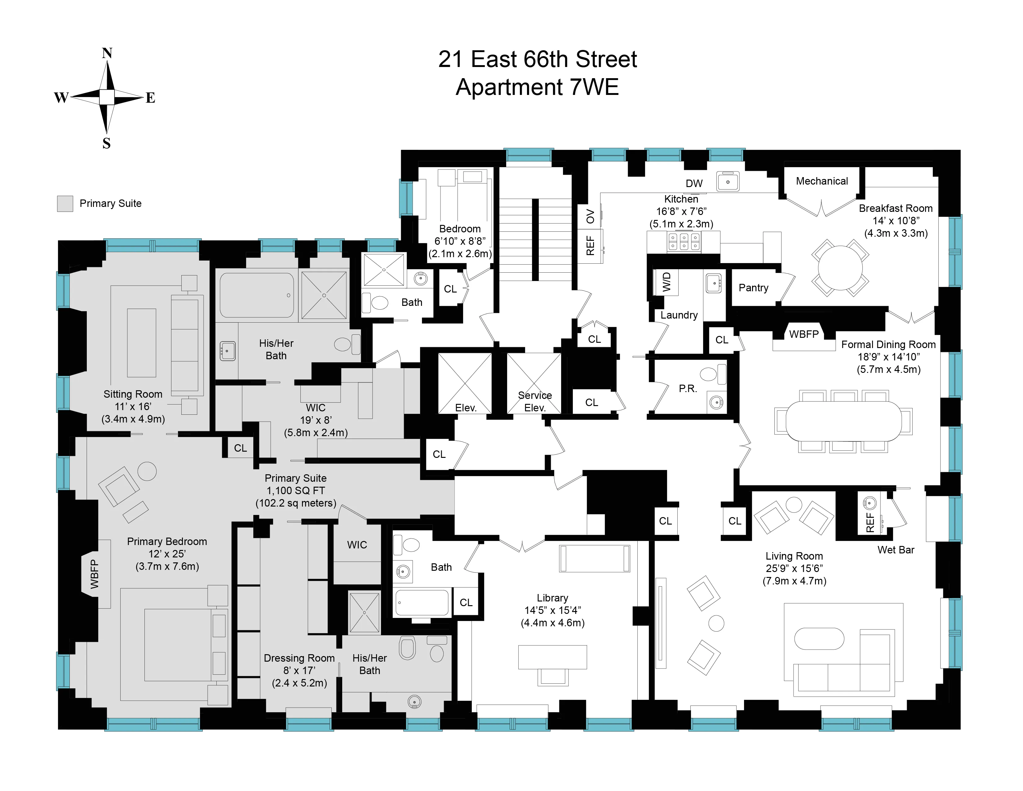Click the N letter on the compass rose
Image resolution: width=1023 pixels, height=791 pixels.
tap(107, 53)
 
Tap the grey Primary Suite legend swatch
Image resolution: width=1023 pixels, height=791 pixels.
tap(65, 204)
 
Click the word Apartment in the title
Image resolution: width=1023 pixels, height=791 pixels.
tap(509, 87)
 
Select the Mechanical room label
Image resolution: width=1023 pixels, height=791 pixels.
tap(821, 181)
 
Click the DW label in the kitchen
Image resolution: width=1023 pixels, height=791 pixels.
tap(694, 184)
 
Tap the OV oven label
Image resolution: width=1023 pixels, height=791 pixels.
tap(590, 217)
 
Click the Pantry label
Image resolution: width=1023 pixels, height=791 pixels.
tap(753, 288)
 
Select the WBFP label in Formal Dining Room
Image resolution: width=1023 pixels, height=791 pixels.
tap(804, 334)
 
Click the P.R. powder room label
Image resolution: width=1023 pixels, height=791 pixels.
tap(688, 388)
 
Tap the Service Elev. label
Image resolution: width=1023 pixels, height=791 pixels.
tap(534, 402)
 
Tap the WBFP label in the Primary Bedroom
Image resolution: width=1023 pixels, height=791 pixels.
tap(95, 574)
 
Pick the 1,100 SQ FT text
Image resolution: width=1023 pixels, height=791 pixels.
tap(295, 491)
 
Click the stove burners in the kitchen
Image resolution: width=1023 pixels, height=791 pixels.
tap(684, 241)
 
